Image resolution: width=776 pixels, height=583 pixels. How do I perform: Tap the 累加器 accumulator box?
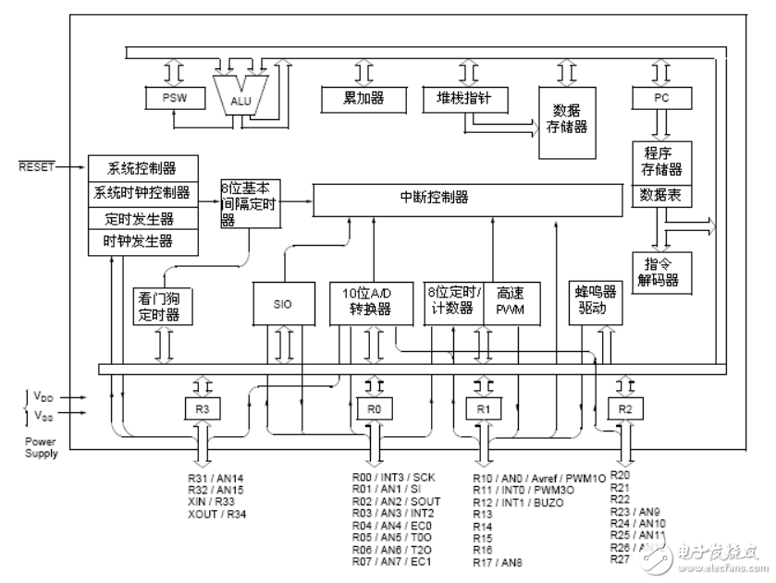pos(364,97)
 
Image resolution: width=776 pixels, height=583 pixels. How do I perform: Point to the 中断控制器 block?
pos(467,198)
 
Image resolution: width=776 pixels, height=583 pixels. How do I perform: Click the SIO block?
pos(283,303)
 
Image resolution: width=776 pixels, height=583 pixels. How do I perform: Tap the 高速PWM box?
pos(511,301)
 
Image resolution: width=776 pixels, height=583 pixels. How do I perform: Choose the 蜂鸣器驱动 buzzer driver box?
pos(592,301)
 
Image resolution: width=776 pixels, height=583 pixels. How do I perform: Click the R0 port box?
pos(374,407)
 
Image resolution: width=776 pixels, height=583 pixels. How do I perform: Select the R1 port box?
pos(482,407)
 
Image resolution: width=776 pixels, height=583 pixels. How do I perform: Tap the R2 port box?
pos(624,407)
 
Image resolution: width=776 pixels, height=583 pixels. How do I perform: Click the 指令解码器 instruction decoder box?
pos(661,269)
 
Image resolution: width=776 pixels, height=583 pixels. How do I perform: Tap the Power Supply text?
pos(41,448)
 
